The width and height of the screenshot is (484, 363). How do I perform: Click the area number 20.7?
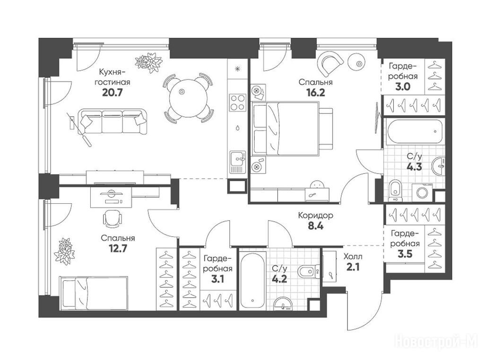[x=112, y=92]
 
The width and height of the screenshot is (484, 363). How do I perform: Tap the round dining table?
[x=188, y=98]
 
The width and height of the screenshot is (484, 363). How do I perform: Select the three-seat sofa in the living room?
[x=112, y=121]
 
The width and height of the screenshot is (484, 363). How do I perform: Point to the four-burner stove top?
[x=237, y=103]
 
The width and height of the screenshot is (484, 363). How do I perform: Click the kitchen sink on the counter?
[x=237, y=162]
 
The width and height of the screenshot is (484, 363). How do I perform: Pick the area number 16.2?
[x=316, y=93]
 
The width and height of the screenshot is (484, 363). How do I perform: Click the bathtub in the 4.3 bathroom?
[x=414, y=132]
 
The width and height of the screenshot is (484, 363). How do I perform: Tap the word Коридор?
[x=315, y=215]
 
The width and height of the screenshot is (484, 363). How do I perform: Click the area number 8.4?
[x=316, y=226]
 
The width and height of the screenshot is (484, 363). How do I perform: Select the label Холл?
[x=353, y=257]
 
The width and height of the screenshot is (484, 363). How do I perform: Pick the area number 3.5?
[x=405, y=254]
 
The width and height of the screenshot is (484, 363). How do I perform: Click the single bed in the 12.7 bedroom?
[x=94, y=293]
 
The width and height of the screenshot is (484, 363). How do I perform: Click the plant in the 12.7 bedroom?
[x=64, y=251]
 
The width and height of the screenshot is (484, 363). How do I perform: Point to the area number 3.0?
[x=403, y=87]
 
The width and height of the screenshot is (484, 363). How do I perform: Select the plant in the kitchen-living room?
[x=149, y=62]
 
